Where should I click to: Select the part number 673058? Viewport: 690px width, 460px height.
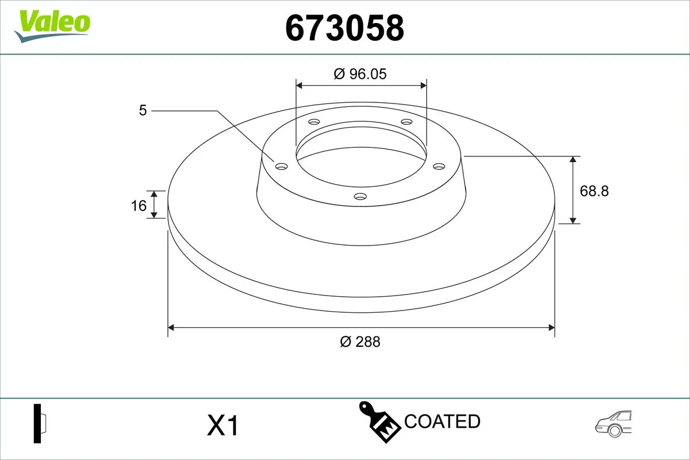coord(344,28)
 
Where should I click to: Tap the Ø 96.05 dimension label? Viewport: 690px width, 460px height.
coord(361,74)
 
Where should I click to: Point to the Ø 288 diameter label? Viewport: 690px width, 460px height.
coord(360,342)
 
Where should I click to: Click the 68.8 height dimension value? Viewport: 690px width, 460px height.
coord(594,190)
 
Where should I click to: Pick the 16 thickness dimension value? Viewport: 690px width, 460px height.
coord(139,205)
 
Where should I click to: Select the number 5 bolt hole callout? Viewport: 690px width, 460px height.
coord(143,110)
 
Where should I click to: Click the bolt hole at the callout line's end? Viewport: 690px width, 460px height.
coord(281,166)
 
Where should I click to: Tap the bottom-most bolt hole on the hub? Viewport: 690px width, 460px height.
coord(361,197)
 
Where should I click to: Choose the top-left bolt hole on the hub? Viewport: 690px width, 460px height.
coord(314,122)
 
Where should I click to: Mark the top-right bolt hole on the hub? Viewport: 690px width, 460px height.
coord(407,122)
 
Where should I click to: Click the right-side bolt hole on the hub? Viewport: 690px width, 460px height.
coord(439,166)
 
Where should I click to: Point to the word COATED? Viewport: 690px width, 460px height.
coord(442,421)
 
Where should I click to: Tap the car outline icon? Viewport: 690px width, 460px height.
coord(614,424)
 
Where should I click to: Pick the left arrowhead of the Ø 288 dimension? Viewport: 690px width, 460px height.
coord(171,328)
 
